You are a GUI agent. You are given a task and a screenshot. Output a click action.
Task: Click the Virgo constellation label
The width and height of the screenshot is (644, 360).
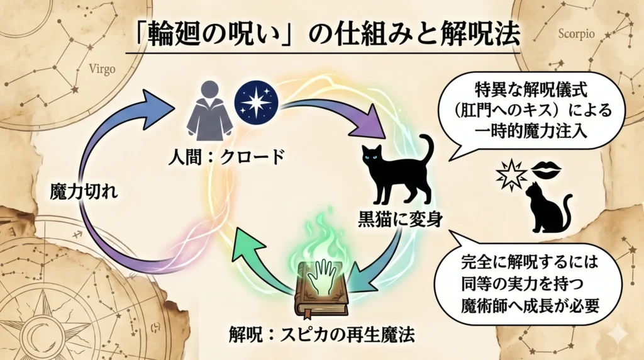103,69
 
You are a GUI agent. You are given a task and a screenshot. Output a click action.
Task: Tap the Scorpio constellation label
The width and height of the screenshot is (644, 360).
576,34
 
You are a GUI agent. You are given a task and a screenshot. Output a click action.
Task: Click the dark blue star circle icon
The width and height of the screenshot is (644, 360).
257,103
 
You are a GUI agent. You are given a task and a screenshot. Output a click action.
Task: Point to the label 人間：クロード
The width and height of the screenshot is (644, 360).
226,157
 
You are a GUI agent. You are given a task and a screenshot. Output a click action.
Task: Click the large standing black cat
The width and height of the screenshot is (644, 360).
397,169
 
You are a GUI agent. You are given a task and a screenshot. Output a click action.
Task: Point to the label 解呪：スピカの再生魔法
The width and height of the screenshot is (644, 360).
321,334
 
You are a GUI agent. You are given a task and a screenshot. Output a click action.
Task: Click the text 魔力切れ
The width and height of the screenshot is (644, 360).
84,191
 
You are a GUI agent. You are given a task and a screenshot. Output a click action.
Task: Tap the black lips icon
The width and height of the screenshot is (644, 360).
547,167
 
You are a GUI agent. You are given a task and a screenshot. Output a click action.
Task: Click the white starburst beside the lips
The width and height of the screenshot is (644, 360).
511,176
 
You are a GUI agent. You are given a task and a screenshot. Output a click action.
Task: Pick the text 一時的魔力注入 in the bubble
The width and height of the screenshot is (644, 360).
531,132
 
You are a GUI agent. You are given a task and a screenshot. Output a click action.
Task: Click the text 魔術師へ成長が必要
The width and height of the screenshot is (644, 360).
530,306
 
